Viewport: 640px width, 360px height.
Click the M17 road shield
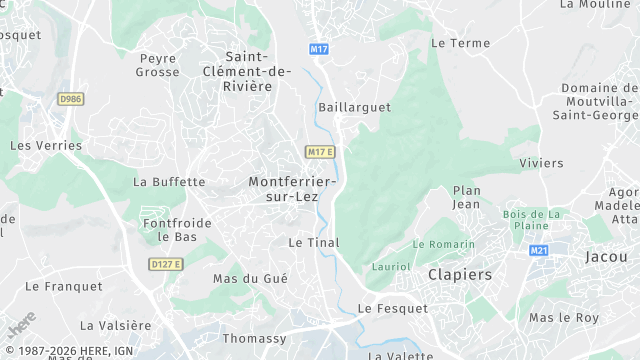(319, 49)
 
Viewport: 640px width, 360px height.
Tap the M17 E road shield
(320, 152)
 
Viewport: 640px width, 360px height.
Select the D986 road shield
(70, 98)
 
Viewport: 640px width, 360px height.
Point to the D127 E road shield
(165, 264)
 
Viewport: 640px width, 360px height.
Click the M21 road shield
(540, 251)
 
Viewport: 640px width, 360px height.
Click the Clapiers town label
(460, 274)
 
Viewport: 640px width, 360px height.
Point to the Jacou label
(607, 257)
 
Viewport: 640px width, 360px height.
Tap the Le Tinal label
(314, 242)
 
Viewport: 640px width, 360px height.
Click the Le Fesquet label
(393, 309)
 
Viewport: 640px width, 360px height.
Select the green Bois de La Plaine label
(533, 220)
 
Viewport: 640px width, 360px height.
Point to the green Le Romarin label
(444, 244)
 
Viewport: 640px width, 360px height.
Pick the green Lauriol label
(391, 267)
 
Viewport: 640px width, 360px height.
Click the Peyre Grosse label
(158, 65)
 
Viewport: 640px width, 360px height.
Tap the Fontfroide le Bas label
(177, 230)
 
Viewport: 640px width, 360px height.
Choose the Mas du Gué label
(250, 279)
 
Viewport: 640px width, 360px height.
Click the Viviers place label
(542, 163)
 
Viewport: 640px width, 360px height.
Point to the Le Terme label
(461, 43)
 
